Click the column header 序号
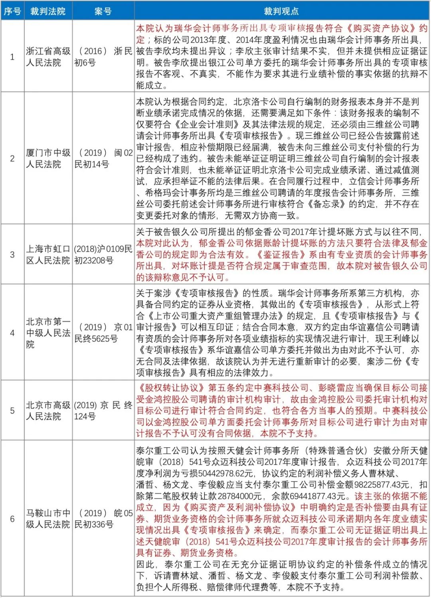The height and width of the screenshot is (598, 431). click(x=12, y=11)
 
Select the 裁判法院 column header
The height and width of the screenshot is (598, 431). click(x=48, y=11)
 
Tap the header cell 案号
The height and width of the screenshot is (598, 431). click(x=103, y=11)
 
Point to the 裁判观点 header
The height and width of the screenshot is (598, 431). click(x=281, y=11)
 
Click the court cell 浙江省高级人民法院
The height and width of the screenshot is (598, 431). click(x=48, y=57)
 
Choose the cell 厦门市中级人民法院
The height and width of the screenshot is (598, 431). click(x=48, y=158)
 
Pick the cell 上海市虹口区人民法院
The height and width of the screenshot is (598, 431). click(x=48, y=255)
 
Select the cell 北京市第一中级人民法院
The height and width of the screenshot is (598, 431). click(x=48, y=333)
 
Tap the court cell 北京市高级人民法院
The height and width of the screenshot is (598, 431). click(x=48, y=411)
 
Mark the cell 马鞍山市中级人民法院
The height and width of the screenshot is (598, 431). click(x=48, y=518)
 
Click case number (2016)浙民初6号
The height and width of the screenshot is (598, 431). click(x=103, y=57)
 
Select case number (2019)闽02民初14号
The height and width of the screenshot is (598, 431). click(x=103, y=158)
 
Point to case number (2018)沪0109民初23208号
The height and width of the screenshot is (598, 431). click(x=103, y=255)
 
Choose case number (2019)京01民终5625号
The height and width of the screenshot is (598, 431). click(x=103, y=333)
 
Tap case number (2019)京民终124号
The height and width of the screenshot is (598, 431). click(x=103, y=411)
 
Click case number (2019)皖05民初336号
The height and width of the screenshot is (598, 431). click(x=103, y=518)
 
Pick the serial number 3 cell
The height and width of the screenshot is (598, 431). click(x=12, y=255)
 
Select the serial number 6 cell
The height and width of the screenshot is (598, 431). click(x=12, y=519)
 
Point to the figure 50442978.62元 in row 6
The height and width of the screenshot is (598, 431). click(x=221, y=474)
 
